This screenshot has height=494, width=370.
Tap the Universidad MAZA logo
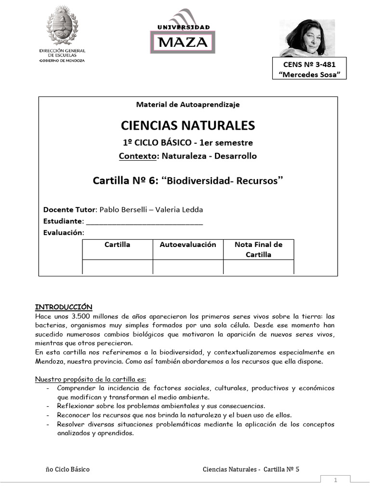tap(183, 32)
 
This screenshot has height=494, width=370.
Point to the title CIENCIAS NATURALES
tap(188, 126)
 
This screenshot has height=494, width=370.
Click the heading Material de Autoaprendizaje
tap(188, 104)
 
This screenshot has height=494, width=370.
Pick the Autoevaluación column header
tap(188, 245)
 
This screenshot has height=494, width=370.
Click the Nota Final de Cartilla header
tap(258, 249)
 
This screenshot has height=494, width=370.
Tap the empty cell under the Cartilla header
tap(118, 267)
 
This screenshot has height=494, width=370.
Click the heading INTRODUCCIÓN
tap(64, 307)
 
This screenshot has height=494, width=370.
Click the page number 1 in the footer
tap(336, 480)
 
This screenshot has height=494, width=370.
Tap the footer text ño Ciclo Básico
tap(67, 469)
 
